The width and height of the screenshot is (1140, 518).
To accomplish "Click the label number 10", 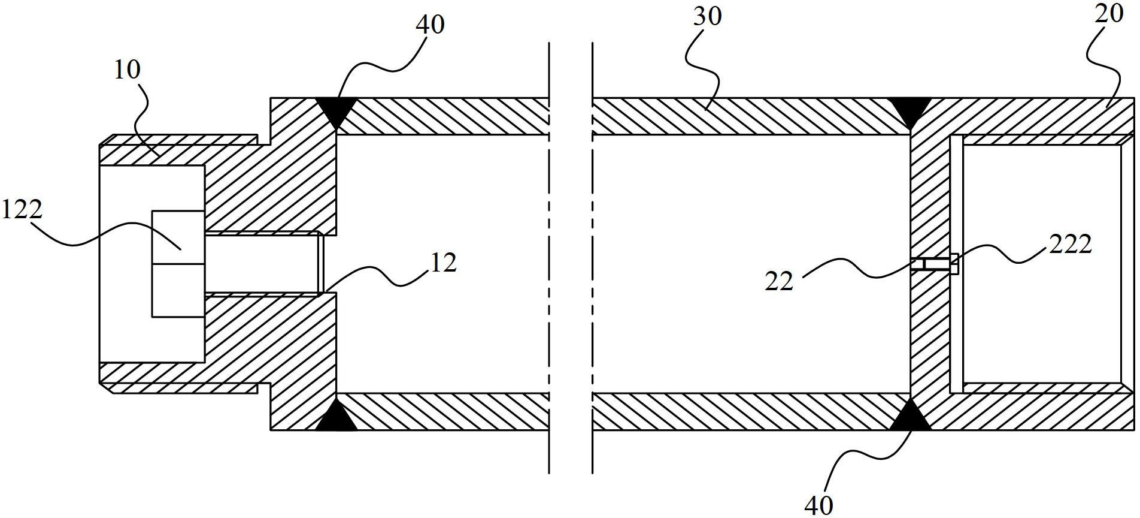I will click(x=127, y=70).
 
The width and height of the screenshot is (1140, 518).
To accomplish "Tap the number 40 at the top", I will click(x=429, y=25).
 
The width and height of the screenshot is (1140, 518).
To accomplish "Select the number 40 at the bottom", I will click(x=818, y=505).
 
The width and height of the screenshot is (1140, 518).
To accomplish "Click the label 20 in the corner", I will click(x=1108, y=13).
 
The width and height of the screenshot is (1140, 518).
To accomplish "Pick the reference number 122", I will click(x=22, y=210).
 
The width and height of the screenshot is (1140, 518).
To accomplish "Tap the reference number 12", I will click(x=443, y=263).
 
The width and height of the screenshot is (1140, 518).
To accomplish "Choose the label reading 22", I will click(x=779, y=281).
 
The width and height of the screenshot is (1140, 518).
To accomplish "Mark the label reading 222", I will click(x=1071, y=244).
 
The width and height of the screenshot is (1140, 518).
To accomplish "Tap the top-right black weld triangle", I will click(x=910, y=110).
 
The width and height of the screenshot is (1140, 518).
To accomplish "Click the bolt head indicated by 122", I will click(x=178, y=264).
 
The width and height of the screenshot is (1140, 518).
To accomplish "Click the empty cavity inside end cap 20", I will click(x=1042, y=264).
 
